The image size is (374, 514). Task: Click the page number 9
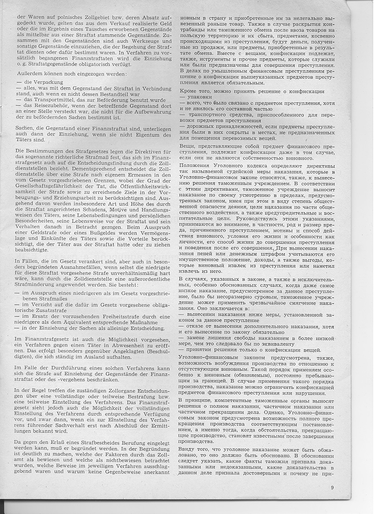pos(333,488)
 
